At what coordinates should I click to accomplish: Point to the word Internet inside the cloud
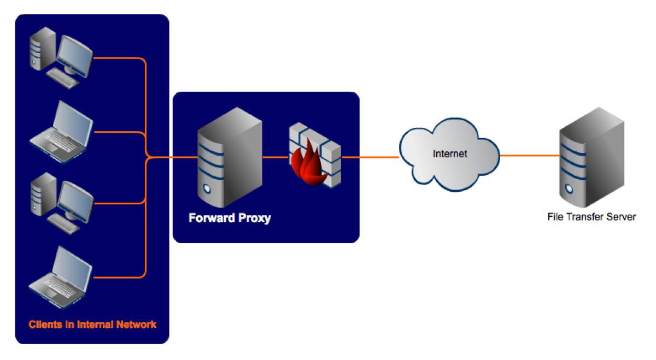(x=450, y=154)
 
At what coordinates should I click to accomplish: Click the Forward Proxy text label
(x=230, y=219)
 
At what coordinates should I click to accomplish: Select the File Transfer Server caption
(x=591, y=217)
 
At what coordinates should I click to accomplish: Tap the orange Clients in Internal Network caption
(x=92, y=324)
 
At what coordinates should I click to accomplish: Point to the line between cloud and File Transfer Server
(x=529, y=156)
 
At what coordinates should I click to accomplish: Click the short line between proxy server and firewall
(x=275, y=157)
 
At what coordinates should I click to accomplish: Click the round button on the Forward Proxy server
(x=207, y=190)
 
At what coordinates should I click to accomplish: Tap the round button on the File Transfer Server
(x=569, y=188)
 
